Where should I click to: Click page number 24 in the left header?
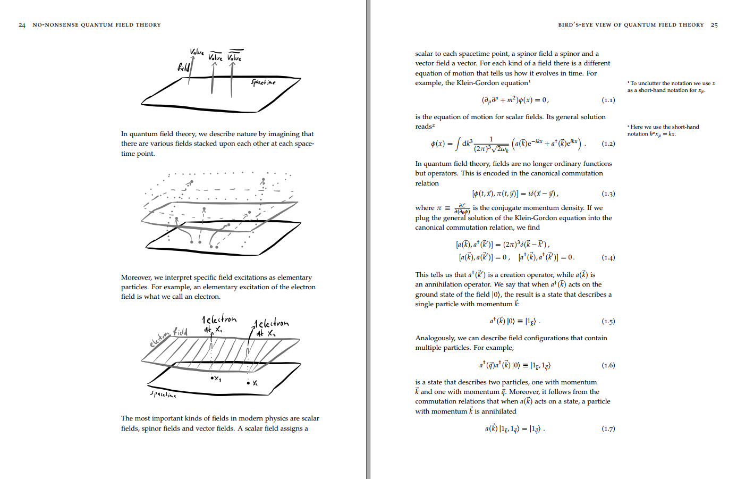point(22,25)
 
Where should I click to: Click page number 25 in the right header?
point(714,25)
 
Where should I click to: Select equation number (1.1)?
point(608,100)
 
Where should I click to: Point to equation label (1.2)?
point(608,144)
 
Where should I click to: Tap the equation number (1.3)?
point(608,194)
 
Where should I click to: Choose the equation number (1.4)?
point(608,257)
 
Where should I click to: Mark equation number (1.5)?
point(608,321)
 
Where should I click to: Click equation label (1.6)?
point(608,365)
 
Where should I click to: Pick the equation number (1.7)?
point(608,428)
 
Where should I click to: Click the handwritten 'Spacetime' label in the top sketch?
point(264,82)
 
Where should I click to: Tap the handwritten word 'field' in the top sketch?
point(183,67)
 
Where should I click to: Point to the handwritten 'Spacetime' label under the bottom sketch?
point(163,394)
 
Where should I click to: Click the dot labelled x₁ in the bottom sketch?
point(211,378)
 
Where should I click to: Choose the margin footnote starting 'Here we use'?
point(663,130)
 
